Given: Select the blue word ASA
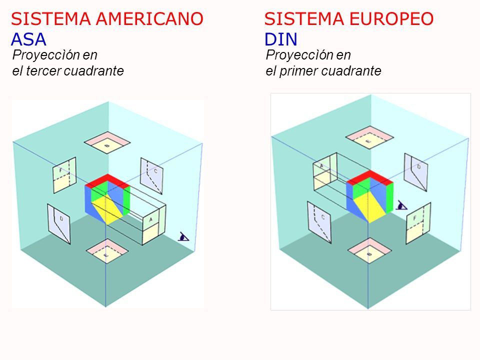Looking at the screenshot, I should pos(28,38).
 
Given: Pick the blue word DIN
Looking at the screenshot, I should pos(280,38).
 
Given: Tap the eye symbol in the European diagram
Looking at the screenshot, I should pos(401,205).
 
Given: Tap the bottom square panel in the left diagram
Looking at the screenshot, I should pos(106,251).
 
